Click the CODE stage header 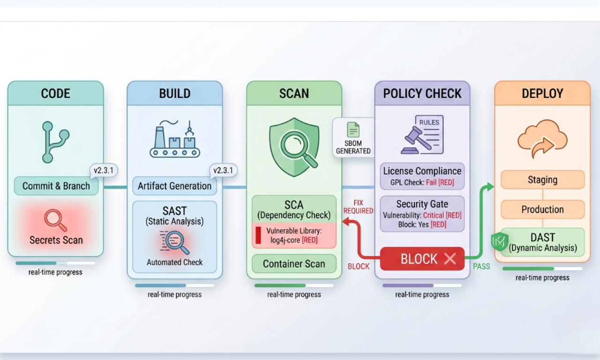point(55,93)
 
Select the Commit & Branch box point(56,186)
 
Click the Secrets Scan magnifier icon point(55,219)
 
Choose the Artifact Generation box point(174,186)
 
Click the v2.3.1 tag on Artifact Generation point(223,171)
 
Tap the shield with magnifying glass point(294,146)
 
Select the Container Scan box point(294,263)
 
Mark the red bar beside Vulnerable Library point(258,235)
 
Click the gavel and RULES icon point(422,135)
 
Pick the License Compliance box point(422,176)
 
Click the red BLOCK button point(422,259)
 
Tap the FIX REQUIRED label point(358,207)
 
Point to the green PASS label point(481,266)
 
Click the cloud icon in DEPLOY point(542,138)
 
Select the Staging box point(542,180)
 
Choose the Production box point(542,210)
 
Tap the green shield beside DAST point(499,241)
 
